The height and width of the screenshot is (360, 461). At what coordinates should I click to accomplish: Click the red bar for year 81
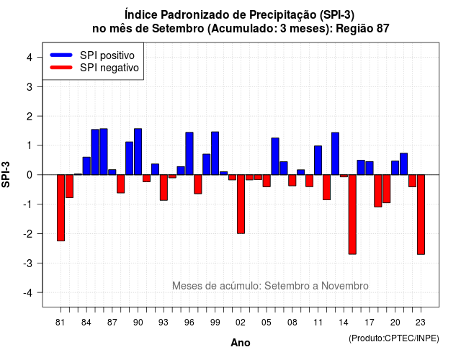pos(61,208)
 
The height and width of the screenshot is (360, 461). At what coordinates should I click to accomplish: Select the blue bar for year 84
pos(86,166)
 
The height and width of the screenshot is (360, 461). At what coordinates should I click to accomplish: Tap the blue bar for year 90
pos(138,152)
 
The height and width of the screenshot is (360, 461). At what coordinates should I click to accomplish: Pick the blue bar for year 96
pos(189,153)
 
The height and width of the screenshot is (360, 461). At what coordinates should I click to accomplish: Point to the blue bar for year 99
pos(215,153)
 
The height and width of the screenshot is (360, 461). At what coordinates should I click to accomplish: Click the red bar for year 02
pos(241,204)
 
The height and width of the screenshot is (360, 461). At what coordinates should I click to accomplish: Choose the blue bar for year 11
pos(318,160)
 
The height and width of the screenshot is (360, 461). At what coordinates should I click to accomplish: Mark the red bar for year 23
pos(421,215)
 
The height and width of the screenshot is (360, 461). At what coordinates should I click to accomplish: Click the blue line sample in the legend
pos(61,55)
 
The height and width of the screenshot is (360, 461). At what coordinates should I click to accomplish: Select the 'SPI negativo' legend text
pos(109,68)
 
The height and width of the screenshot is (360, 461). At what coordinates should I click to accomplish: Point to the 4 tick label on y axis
pos(30,58)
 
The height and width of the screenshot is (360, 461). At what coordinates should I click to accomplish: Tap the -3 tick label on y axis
pos(27,263)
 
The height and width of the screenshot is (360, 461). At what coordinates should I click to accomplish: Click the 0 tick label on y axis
pos(30,175)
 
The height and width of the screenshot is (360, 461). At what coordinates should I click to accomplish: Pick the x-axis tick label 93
pos(164,323)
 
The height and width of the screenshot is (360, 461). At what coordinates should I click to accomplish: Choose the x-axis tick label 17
pos(370,323)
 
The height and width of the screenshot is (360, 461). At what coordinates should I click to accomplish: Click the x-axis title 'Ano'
pos(241,343)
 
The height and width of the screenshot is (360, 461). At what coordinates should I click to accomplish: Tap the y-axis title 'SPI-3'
pos(6,174)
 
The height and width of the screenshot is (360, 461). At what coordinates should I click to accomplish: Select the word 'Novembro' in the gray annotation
pos(344,286)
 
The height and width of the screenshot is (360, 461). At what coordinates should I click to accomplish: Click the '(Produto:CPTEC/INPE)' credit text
pos(394,338)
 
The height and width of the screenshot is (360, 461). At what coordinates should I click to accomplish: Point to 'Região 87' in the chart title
pos(362,29)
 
